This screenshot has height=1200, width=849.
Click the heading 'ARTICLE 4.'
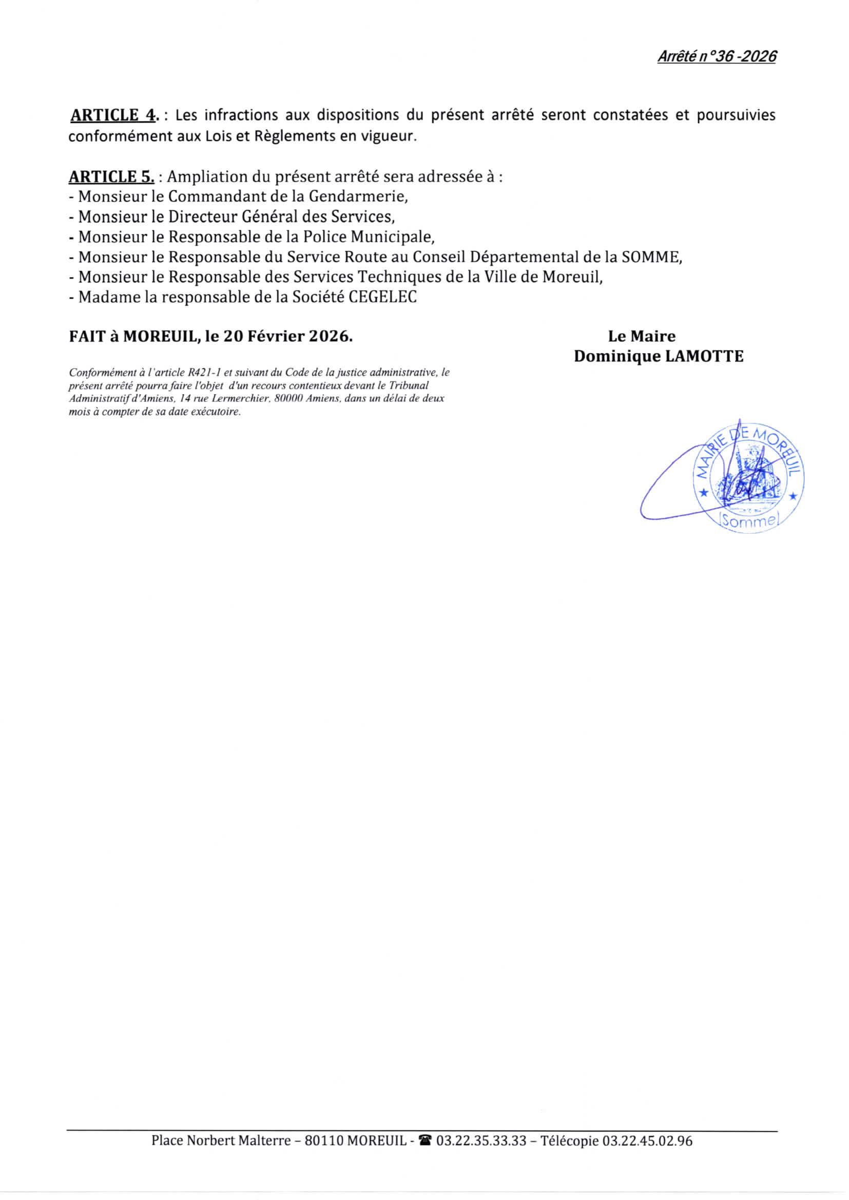pos(113,115)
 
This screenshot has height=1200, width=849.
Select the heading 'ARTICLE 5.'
pos(111,177)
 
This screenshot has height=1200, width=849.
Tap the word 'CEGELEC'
pos(383,297)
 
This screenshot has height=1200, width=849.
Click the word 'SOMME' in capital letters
pos(650,257)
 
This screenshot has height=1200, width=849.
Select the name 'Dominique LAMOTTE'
pos(658,356)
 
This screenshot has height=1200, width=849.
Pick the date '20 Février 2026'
pos(287,336)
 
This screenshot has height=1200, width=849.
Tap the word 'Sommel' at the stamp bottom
pos(748,521)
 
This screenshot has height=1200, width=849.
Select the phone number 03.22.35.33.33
pos(481,1140)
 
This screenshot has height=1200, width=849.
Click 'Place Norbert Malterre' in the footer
pos(221,1140)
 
